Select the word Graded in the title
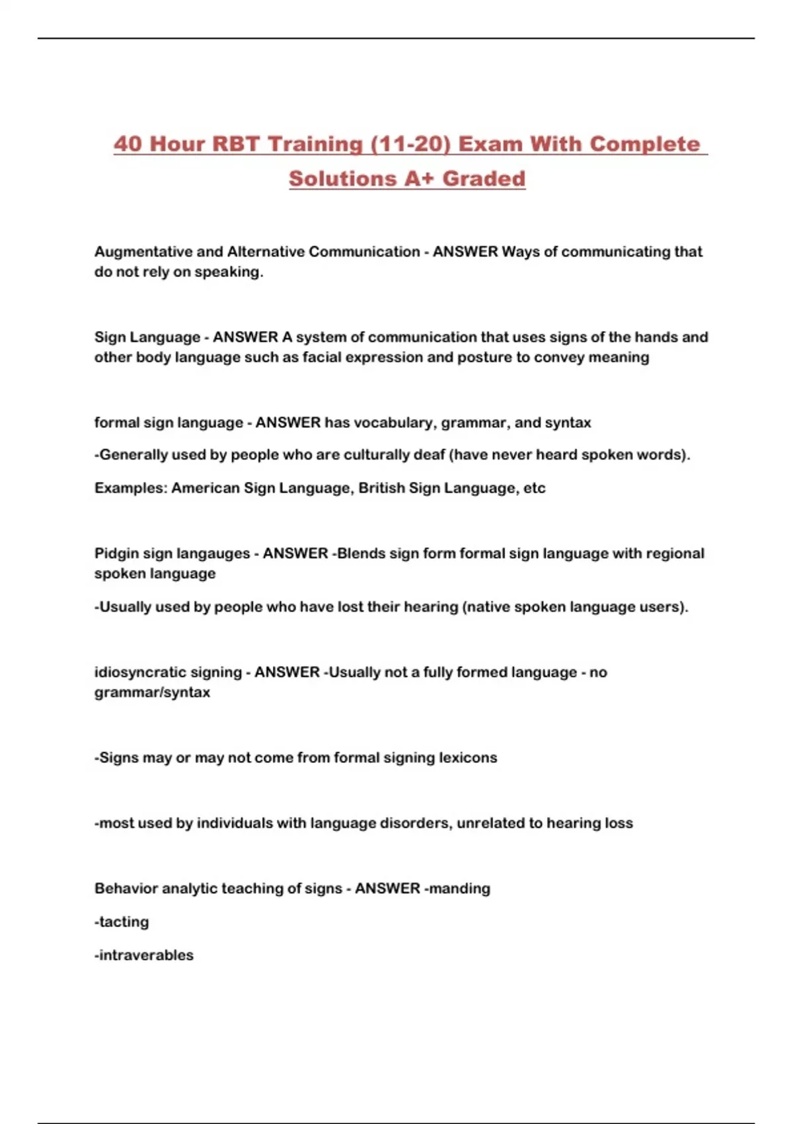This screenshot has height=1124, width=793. tap(484, 179)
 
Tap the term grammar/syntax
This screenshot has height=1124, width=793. tap(152, 692)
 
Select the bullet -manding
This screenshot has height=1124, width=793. tap(457, 889)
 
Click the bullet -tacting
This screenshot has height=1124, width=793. tap(122, 922)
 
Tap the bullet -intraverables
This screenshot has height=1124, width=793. tap(144, 955)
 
